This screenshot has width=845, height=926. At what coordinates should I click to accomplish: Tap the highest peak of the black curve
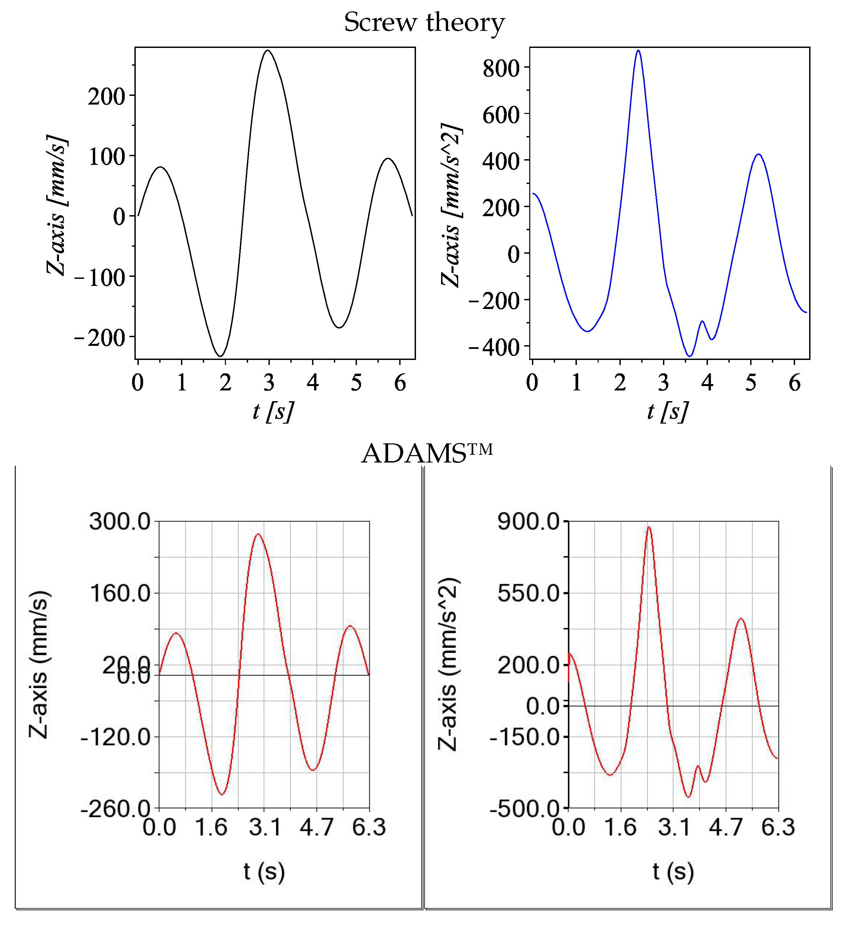[x=268, y=51]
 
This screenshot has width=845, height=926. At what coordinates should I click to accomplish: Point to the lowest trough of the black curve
[x=221, y=356]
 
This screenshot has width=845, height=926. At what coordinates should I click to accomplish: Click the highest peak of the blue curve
[x=638, y=51]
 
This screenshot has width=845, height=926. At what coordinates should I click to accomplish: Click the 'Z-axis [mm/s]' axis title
[x=57, y=205]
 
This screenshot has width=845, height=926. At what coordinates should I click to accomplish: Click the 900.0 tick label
[x=528, y=522]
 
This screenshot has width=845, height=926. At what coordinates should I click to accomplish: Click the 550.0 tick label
[x=528, y=594]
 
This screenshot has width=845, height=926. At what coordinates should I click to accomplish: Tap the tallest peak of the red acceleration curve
[x=649, y=527]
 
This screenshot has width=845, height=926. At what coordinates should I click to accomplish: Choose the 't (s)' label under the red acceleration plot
[x=673, y=871]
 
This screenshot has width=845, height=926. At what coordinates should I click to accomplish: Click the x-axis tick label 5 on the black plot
[x=356, y=383]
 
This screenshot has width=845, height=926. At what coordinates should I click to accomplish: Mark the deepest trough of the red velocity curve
[x=222, y=794]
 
